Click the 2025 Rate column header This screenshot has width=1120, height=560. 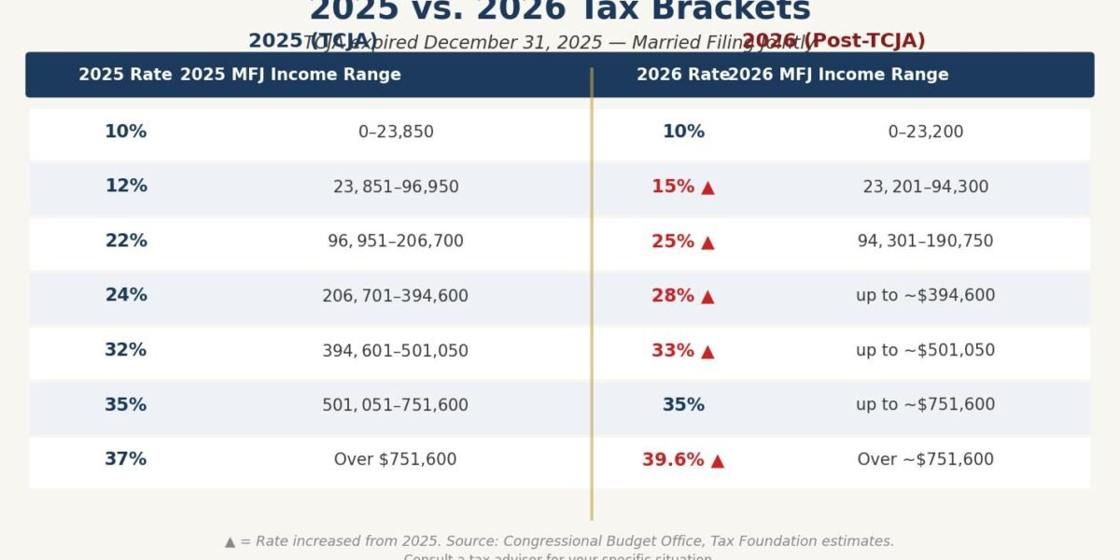click(125, 75)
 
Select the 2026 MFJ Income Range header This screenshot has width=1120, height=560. click(838, 75)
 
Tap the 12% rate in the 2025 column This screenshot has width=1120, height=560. click(125, 186)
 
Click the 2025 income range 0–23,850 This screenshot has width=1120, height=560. click(396, 132)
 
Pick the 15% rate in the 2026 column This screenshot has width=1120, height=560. click(673, 187)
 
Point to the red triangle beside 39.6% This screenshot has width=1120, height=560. click(717, 460)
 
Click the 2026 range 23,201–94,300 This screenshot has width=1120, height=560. click(925, 187)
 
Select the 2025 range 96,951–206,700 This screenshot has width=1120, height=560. click(396, 241)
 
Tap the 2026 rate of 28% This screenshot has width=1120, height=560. click(673, 296)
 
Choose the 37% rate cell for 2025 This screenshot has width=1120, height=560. click(125, 459)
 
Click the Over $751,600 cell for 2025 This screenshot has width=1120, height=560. click(396, 459)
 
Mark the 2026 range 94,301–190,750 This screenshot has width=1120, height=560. click(925, 241)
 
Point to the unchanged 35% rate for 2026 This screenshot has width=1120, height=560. click(683, 405)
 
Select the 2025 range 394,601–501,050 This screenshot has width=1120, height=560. click(396, 351)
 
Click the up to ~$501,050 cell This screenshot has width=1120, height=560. click(925, 350)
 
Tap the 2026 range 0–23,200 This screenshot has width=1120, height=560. click(925, 132)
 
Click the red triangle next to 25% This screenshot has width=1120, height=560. click(707, 243)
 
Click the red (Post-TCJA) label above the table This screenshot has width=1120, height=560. click(864, 41)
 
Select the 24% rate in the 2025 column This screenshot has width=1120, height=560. click(125, 295)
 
